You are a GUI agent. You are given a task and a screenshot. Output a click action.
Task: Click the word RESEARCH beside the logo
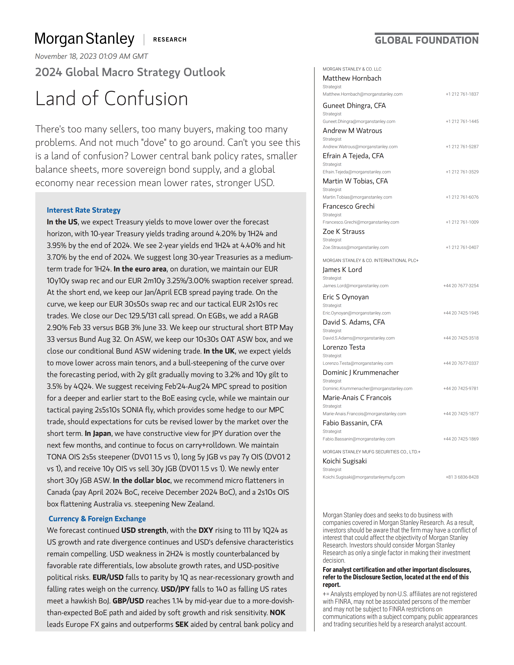[170, 40]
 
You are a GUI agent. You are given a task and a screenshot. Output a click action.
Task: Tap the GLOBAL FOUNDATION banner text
[426, 40]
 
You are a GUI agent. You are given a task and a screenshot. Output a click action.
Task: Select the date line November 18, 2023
[91, 56]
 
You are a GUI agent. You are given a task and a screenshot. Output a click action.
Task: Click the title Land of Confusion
[111, 99]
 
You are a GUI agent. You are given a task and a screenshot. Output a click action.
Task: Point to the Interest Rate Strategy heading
[83, 210]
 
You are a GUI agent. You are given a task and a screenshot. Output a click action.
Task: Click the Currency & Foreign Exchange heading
[97, 519]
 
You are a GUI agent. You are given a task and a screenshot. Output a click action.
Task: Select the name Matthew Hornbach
[352, 78]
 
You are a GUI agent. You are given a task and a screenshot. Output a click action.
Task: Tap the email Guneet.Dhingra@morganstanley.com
[359, 122]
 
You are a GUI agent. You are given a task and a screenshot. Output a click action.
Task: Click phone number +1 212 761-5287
[462, 147]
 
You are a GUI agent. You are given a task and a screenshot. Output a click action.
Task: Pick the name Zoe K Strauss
[343, 231]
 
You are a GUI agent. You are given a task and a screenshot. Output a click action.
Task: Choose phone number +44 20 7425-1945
[461, 313]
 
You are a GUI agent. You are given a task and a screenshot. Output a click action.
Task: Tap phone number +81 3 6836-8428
[462, 477]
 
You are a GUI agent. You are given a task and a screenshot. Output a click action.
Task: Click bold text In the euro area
[140, 269]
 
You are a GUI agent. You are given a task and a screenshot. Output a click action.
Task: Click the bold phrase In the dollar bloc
[141, 480]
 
